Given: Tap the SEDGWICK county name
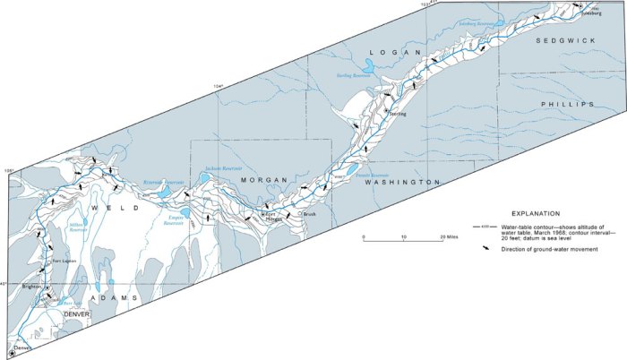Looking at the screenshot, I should click(x=565, y=41).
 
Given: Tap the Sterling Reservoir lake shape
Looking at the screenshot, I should click(x=372, y=65).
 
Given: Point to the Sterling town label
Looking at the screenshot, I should click(x=398, y=115).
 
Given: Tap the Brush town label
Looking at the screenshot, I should click(x=310, y=215).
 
